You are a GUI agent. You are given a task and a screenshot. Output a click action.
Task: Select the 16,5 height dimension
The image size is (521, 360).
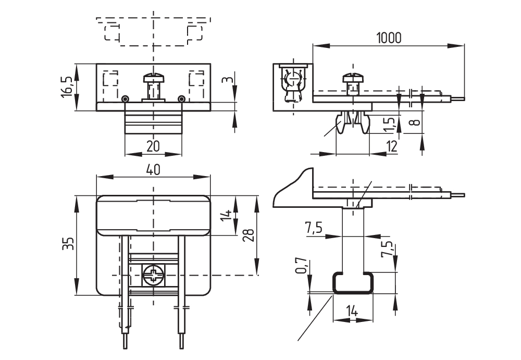click(x=67, y=86)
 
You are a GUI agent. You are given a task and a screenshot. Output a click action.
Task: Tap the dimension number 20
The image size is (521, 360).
click(x=153, y=146)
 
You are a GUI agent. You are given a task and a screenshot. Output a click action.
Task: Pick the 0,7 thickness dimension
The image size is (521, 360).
click(x=301, y=266)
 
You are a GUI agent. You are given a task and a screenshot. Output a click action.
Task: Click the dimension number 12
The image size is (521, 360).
click(x=392, y=146)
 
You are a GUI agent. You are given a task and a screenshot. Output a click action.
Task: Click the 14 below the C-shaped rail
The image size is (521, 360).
click(x=352, y=312)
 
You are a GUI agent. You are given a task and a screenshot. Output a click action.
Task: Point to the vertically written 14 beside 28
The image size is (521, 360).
click(x=226, y=215)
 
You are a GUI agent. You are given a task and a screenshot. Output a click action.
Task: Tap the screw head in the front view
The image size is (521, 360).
click(x=153, y=78)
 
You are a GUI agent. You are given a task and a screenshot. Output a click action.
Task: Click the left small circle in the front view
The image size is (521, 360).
click(x=125, y=99)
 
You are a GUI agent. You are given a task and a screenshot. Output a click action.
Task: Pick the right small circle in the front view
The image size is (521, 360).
click(x=181, y=99)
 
